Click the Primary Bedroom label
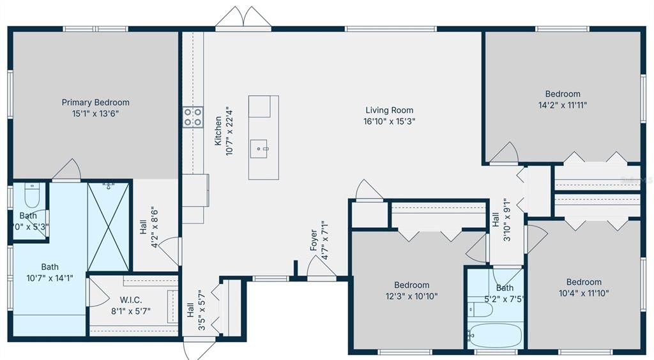click(x=95, y=102)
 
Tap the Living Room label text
click(x=389, y=110)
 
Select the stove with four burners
click(x=193, y=116)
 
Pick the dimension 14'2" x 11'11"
click(x=563, y=105)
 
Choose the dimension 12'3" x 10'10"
click(x=411, y=296)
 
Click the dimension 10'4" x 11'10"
click(x=583, y=293)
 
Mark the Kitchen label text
click(x=218, y=131)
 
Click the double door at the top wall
click(x=243, y=19)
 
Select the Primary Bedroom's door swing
click(x=67, y=170)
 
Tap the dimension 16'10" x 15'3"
click(x=389, y=121)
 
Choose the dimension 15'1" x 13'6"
click(x=95, y=113)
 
